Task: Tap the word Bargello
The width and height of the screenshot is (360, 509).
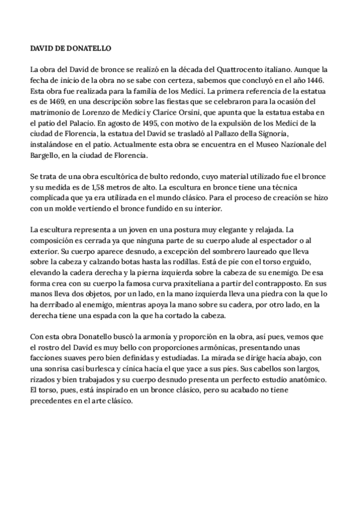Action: pyautogui.click(x=46, y=156)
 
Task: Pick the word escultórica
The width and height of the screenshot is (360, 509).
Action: pyautogui.click(x=112, y=178)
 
